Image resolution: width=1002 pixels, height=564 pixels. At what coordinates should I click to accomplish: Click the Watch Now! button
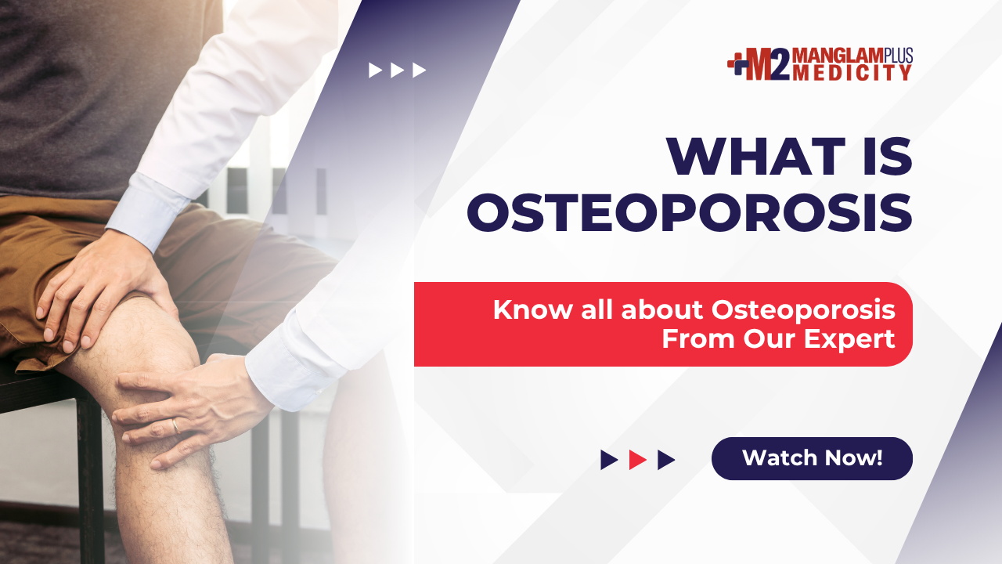point(812,458)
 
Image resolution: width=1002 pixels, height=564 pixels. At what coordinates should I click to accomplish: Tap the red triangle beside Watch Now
point(637,460)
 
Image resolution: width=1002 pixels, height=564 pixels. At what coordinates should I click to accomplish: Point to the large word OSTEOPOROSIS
point(690,212)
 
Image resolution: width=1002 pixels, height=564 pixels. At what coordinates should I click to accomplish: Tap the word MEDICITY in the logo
point(852,73)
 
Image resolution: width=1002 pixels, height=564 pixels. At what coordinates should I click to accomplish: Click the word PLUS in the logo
point(898,55)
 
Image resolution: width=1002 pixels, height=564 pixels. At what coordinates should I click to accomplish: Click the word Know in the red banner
point(532,309)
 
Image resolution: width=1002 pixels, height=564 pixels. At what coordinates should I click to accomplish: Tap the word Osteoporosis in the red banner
point(803,309)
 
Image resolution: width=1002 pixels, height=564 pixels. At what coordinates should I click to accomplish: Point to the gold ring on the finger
point(176,425)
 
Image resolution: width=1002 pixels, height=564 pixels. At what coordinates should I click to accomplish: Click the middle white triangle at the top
point(397,70)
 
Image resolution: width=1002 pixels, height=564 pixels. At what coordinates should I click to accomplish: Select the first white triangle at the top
point(375,70)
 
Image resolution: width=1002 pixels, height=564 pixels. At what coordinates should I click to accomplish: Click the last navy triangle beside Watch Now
point(666,460)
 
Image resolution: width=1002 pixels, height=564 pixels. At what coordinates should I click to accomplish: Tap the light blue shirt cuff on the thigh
point(149,211)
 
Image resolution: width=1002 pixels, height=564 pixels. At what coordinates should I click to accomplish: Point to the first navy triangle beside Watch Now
point(609,460)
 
